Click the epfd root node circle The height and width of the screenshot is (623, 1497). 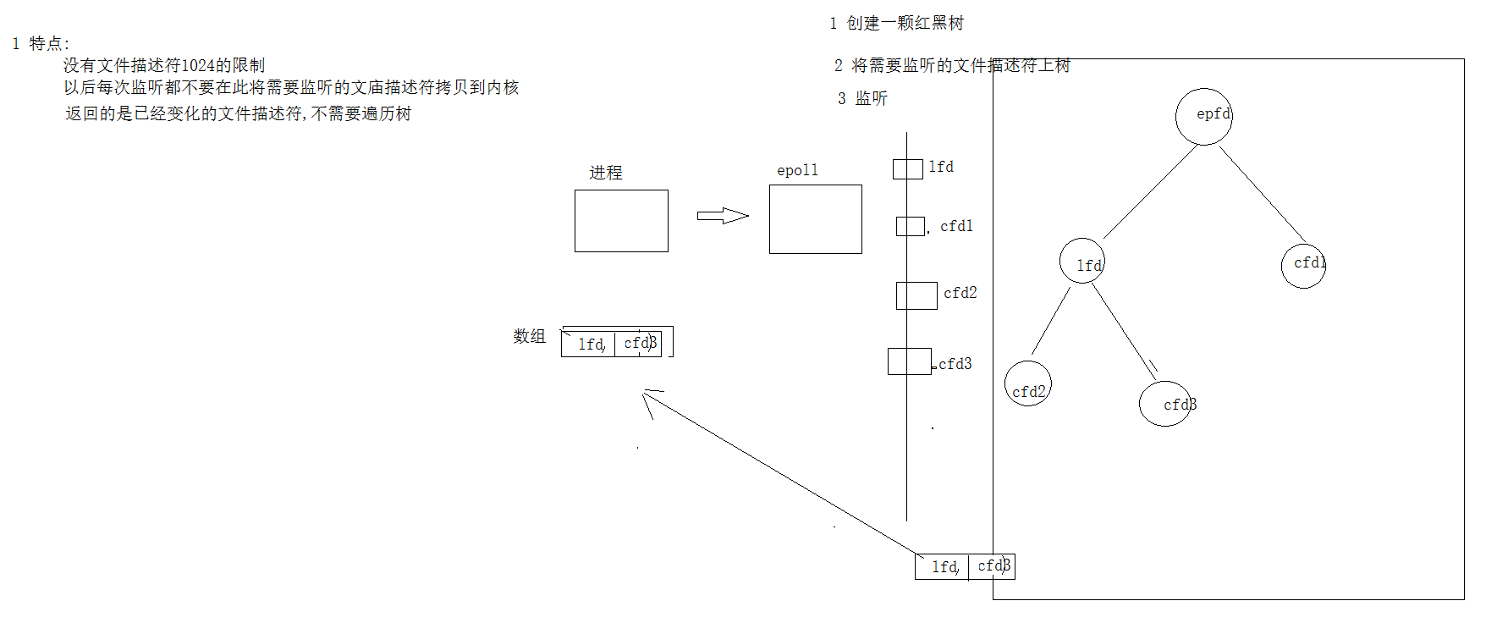pyautogui.click(x=1203, y=117)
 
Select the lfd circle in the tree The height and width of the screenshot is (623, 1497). pyautogui.click(x=1081, y=262)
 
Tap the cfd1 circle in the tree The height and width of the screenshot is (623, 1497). pyautogui.click(x=1303, y=266)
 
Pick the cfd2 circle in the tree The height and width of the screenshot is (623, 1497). pyautogui.click(x=1027, y=384)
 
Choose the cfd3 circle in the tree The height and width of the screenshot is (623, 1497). pyautogui.click(x=1165, y=403)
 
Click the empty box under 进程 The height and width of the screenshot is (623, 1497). pyautogui.click(x=621, y=221)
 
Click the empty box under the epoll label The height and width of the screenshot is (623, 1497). pyautogui.click(x=815, y=219)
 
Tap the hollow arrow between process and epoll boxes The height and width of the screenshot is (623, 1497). pyautogui.click(x=722, y=216)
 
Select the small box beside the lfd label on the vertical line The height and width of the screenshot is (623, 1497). pyautogui.click(x=907, y=168)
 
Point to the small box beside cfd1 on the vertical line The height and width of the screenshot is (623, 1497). pyautogui.click(x=910, y=226)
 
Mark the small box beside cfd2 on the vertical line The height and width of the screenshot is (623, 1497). pyautogui.click(x=916, y=295)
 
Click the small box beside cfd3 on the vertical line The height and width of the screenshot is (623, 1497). pyautogui.click(x=909, y=361)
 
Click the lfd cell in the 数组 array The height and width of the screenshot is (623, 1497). pyautogui.click(x=589, y=344)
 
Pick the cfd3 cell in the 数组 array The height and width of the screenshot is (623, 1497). pyautogui.click(x=638, y=343)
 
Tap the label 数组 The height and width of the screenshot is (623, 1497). pyautogui.click(x=529, y=336)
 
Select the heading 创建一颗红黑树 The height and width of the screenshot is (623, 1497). pyautogui.click(x=905, y=23)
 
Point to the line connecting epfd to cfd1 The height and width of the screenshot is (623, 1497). pyautogui.click(x=1262, y=193)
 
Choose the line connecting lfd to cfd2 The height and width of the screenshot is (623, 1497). pyautogui.click(x=1050, y=322)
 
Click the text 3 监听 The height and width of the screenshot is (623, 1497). pyautogui.click(x=862, y=98)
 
